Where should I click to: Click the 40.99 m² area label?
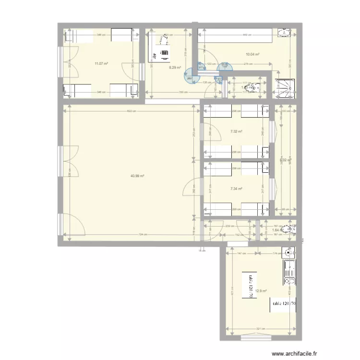coord(137,176)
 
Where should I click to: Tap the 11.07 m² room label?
coord(101,63)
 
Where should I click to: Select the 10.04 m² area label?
coord(252,55)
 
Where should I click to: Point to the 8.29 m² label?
coord(174,68)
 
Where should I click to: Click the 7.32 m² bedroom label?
coord(236,131)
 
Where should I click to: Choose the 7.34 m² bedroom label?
coord(236,189)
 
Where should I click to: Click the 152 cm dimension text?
coord(238,235)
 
